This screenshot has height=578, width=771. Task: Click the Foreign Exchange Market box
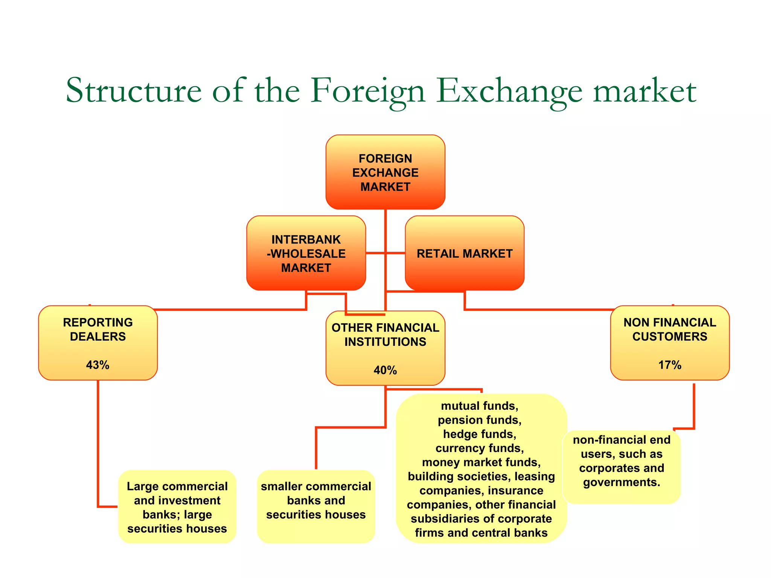point(385,172)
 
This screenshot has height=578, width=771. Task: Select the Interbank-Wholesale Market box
point(306,253)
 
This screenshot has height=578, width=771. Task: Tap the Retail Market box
point(464,253)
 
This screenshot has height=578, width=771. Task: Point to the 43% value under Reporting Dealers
point(98,365)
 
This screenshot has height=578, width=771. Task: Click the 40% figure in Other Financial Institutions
point(385,370)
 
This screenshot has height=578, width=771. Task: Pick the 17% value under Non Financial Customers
point(669,365)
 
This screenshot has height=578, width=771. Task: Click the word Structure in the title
point(134,91)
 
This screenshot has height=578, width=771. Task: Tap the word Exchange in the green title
point(509,91)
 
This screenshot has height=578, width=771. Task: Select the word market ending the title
point(645,91)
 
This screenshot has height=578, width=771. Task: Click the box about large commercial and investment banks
point(177,507)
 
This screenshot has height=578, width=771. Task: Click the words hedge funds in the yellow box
point(479,434)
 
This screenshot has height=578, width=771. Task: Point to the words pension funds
point(479,420)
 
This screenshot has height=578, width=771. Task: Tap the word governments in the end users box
point(622,482)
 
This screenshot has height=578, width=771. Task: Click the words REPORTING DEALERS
point(98,329)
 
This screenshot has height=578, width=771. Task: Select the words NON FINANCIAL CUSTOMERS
point(669,329)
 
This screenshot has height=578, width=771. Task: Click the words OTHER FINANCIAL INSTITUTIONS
point(385,335)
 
